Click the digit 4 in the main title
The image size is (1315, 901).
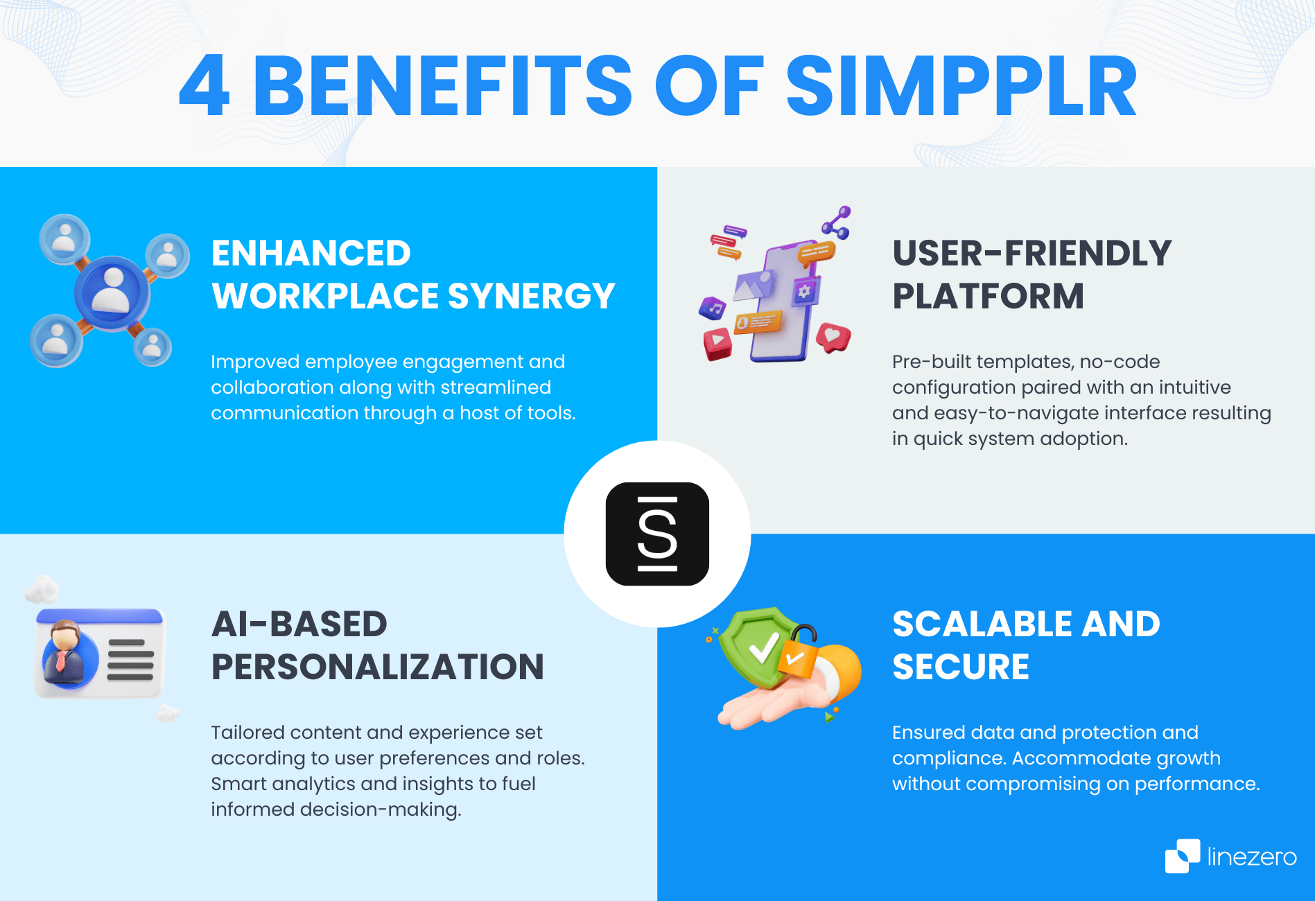pos(204,87)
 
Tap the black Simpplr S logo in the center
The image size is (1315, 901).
pos(657,534)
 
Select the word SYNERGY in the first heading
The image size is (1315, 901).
pos(531,296)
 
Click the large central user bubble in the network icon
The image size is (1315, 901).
pos(112,292)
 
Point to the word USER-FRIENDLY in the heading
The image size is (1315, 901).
pos(1031,253)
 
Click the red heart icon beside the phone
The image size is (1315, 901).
pos(833,338)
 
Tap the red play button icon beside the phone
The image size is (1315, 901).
pos(717,342)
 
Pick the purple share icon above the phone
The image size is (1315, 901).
pos(837,222)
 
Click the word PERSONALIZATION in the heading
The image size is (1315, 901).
pos(377,667)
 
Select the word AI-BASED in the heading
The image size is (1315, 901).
pos(299,624)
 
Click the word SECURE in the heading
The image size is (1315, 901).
pos(960,667)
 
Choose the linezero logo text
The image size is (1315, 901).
pos(1251,857)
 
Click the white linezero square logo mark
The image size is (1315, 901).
pos(1182,856)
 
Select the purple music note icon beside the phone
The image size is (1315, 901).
pos(713,307)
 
